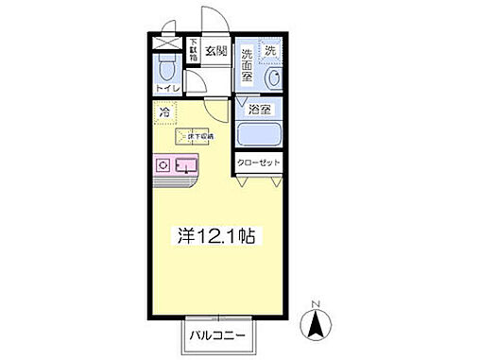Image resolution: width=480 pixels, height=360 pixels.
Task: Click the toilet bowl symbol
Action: (x=167, y=69)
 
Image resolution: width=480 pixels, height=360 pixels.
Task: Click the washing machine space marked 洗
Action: (x=270, y=49)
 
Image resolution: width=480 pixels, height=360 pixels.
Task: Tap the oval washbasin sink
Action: (x=273, y=78)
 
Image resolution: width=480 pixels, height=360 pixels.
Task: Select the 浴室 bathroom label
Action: (x=259, y=110)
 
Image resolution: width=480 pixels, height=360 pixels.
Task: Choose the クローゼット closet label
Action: (x=258, y=163)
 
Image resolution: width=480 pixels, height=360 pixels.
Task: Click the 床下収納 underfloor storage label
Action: (x=198, y=138)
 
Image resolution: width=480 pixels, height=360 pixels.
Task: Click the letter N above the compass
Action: (x=316, y=304)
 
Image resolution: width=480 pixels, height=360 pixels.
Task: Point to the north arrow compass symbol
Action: (x=316, y=327)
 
